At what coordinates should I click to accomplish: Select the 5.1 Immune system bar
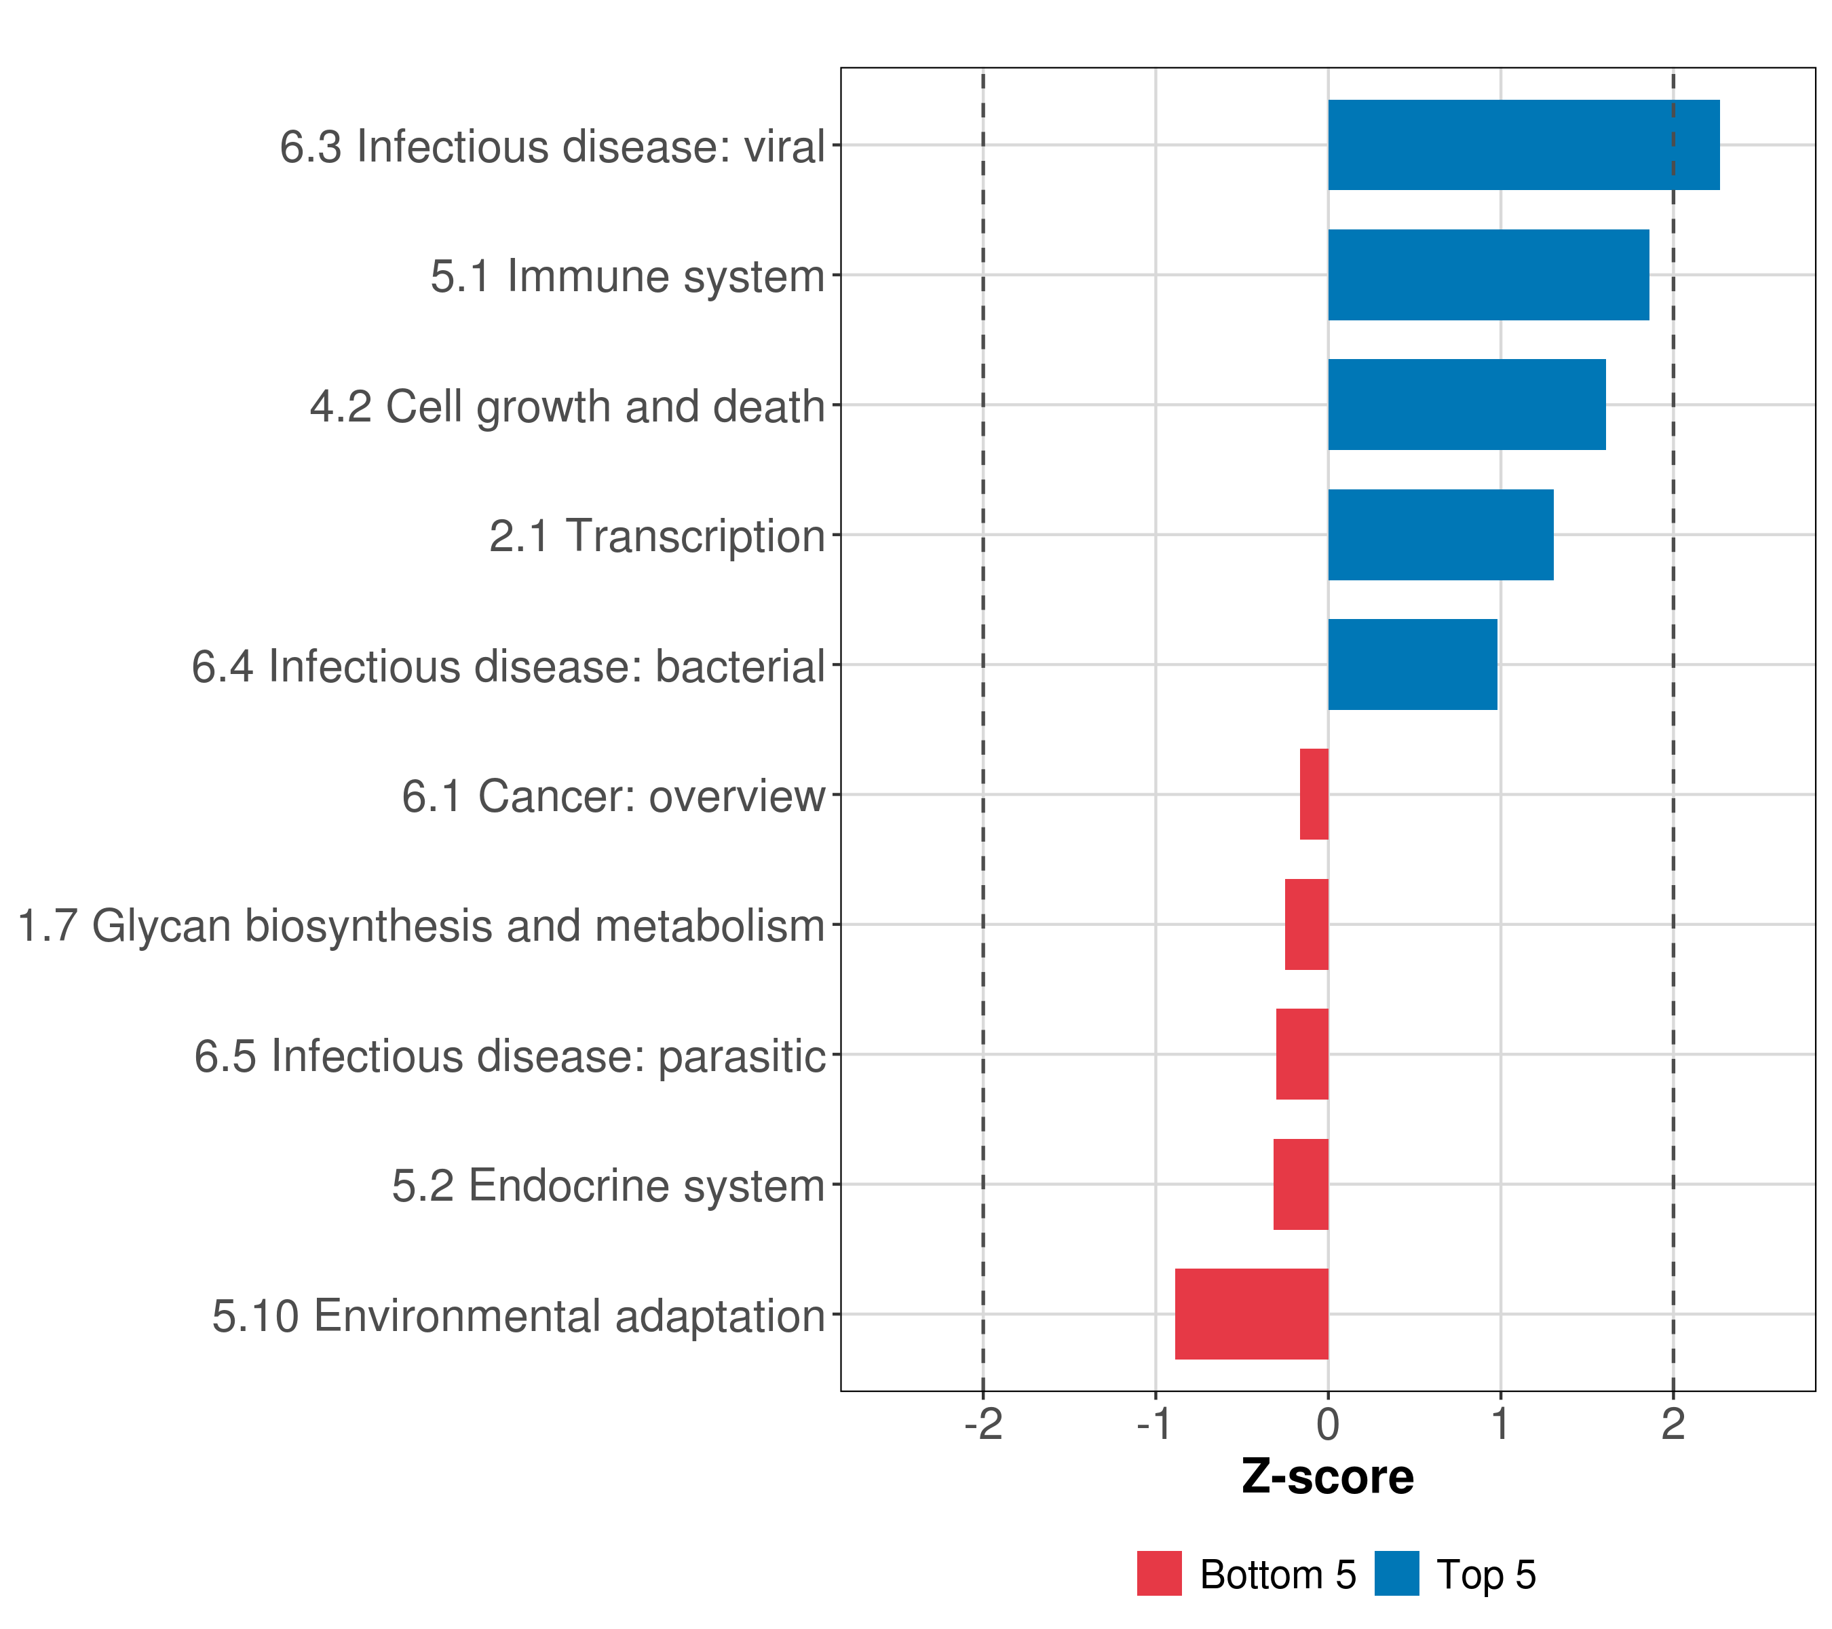pos(1488,276)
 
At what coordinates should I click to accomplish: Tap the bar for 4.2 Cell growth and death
pos(1466,405)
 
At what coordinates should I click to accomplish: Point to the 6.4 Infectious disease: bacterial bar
pos(1411,664)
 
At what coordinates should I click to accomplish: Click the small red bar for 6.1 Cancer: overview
pos(1314,794)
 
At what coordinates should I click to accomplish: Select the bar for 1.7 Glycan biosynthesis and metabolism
pos(1306,924)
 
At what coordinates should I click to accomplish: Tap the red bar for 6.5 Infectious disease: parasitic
pos(1301,1054)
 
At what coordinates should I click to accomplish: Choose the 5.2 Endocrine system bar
pos(1301,1184)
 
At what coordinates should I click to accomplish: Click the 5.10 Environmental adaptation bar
pos(1251,1314)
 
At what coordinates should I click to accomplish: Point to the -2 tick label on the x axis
pos(983,1425)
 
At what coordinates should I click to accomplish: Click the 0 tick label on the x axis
pos(1329,1425)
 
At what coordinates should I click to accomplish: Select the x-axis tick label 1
pos(1500,1425)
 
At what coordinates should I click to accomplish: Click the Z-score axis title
pos(1327,1478)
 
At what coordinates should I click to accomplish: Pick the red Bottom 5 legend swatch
pos(1159,1573)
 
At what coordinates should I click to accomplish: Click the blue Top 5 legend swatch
pos(1396,1573)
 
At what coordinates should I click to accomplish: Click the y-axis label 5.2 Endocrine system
pos(608,1185)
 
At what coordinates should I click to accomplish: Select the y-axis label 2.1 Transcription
pos(656,536)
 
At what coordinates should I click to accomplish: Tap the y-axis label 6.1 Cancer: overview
pos(612,796)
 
